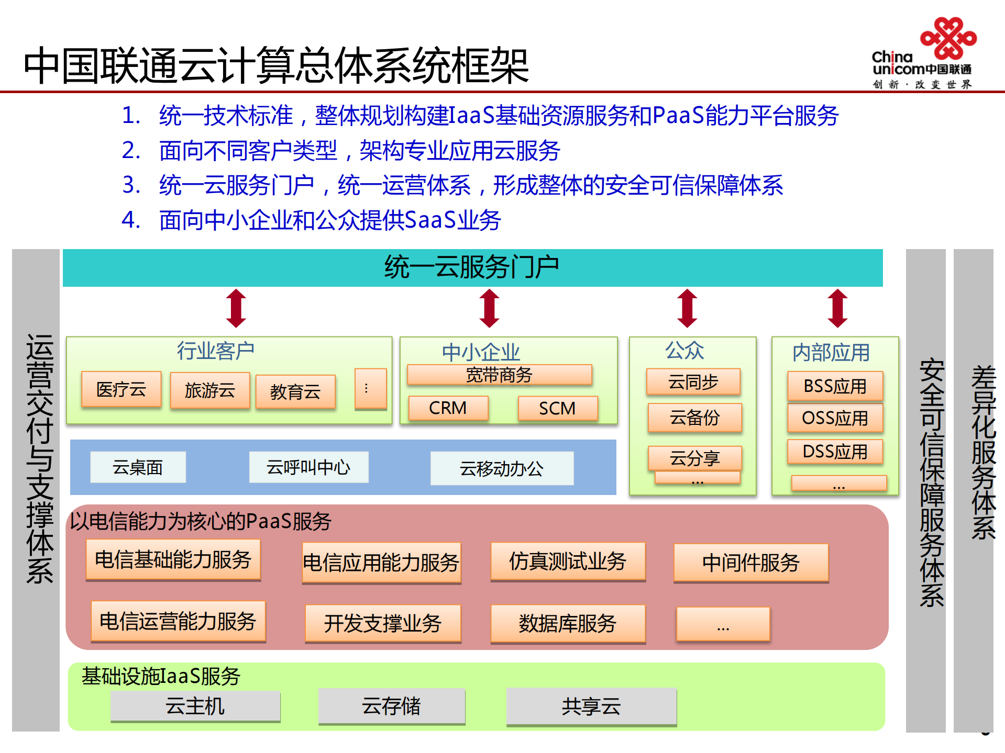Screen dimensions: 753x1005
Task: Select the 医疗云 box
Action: (121, 389)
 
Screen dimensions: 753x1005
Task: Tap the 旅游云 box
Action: (209, 390)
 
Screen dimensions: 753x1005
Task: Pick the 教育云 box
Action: (295, 391)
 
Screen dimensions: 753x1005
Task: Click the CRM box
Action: (448, 408)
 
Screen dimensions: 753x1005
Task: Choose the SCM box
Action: (557, 408)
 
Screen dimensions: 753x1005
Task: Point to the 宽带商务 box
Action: (499, 375)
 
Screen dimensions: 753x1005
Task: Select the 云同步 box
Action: (693, 382)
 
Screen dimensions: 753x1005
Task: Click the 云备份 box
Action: (694, 418)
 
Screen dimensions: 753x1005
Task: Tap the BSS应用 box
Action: (835, 386)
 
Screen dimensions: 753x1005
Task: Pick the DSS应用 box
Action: (835, 451)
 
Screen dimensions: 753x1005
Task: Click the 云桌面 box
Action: (138, 467)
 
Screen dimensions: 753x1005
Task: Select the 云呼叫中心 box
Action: (308, 467)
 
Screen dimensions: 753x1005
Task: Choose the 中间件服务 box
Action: (750, 563)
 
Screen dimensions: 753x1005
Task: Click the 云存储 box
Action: (391, 706)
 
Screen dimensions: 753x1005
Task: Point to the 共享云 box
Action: (591, 707)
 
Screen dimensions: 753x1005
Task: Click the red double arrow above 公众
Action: (687, 308)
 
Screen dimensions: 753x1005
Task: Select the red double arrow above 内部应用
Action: (837, 308)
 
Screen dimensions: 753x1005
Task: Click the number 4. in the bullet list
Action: (131, 220)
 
